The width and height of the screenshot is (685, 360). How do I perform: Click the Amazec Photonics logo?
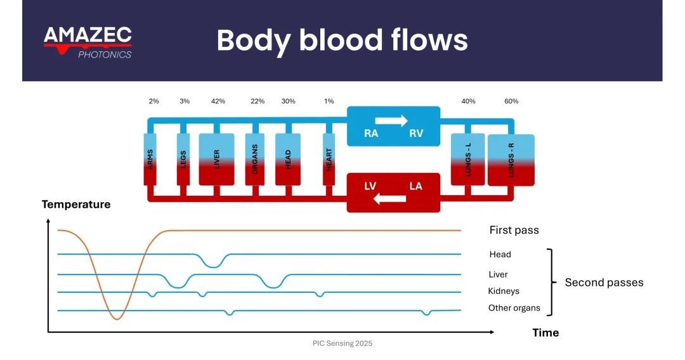pos(88,42)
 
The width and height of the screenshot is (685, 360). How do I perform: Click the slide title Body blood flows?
pos(342,41)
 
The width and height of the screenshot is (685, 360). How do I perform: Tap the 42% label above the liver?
pos(218,101)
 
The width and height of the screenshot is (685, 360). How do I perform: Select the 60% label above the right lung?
pos(511,101)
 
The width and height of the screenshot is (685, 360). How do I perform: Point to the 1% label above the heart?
pos(329,101)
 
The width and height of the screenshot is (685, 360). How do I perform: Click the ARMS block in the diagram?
pos(150,159)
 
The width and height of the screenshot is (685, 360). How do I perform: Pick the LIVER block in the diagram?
pos(217,159)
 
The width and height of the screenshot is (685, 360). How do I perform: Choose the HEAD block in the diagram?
pos(287,159)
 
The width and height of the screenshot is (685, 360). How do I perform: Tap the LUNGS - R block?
pos(511,160)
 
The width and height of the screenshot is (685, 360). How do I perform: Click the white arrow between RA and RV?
pos(391,120)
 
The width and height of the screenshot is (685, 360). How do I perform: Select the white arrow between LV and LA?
pos(389,199)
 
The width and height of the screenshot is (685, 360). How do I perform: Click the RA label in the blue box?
pos(371,134)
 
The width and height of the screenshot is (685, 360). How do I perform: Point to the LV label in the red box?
pos(372,186)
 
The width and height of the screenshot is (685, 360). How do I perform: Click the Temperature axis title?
pos(76,205)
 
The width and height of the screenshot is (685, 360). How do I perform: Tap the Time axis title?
pos(545,333)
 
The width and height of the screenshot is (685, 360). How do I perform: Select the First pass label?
pos(514,230)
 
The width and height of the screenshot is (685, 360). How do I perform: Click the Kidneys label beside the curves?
pos(504,292)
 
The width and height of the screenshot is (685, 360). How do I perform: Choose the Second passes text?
pos(604,283)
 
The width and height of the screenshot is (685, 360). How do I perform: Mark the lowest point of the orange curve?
pos(116,319)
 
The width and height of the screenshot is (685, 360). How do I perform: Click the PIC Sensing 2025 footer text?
pos(342,344)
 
